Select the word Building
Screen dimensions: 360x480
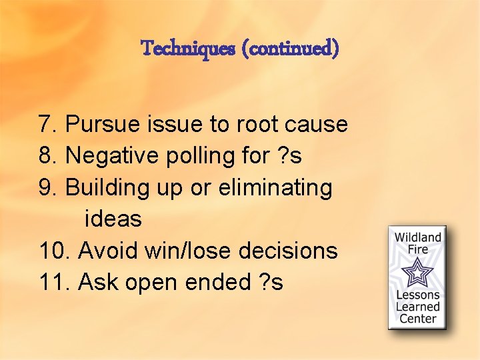coord(109,188)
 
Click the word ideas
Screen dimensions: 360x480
coord(113,219)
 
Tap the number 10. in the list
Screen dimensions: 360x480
coord(55,251)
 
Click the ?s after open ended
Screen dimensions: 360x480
coord(269,282)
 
